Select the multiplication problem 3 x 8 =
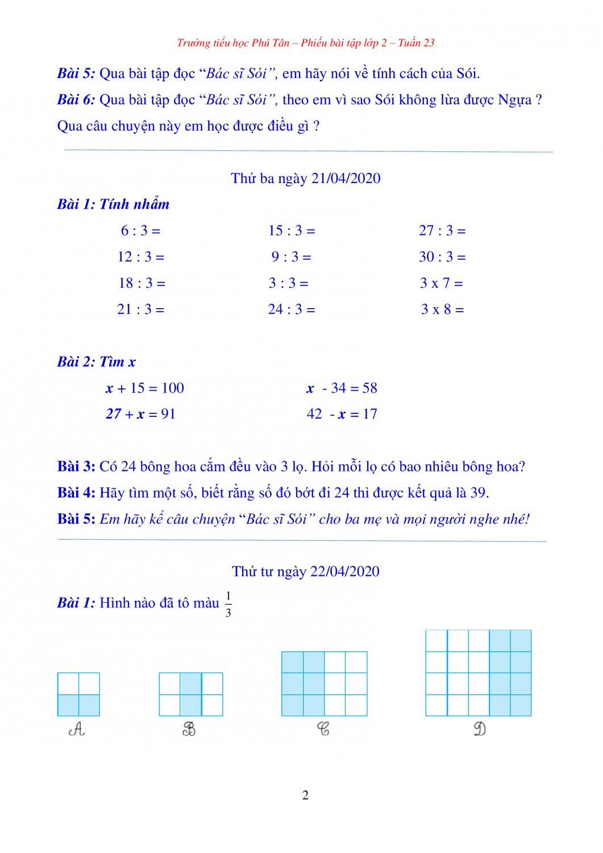(442, 309)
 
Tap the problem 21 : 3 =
(140, 309)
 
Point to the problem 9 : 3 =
(291, 257)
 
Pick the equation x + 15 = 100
(145, 388)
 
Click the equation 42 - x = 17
(342, 415)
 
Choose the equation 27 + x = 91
(140, 415)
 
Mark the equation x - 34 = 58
(342, 388)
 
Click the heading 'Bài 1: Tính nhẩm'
(113, 204)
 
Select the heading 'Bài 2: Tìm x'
(97, 362)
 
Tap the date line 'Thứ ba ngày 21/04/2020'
(306, 179)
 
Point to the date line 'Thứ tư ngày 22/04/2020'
(306, 572)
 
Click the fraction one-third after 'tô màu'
(228, 604)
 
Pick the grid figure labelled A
(78, 694)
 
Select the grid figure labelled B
(191, 694)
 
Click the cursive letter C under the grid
(323, 729)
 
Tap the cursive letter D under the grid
(480, 729)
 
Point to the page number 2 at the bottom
(305, 795)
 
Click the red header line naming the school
(306, 43)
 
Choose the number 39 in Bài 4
(479, 493)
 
